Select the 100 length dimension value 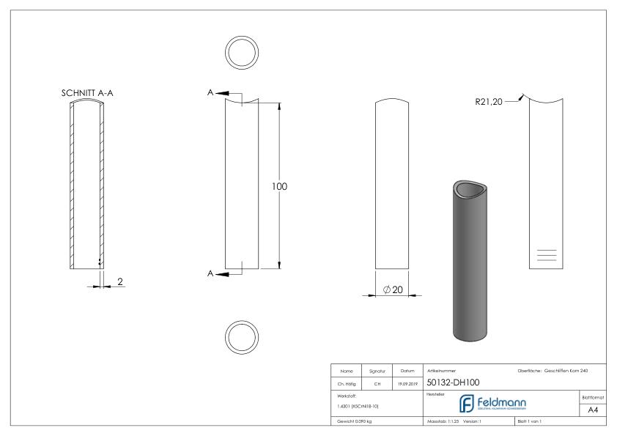point(280,186)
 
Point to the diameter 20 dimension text point(393,289)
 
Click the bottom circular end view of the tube point(242,336)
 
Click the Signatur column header point(378,371)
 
